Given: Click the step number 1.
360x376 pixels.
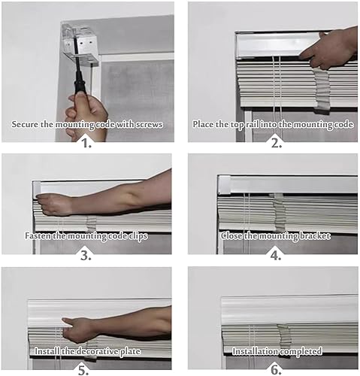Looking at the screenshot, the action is tap(87, 144).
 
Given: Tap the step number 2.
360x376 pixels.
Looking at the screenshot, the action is tap(277, 144).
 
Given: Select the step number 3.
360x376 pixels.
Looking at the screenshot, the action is tap(86, 256).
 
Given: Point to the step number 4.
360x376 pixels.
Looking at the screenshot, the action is tap(276, 256).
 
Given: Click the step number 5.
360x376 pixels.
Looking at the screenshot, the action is tap(83, 371).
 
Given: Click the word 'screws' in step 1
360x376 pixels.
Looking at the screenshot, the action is tap(149, 124).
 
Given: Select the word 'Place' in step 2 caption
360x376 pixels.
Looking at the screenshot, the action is tap(202, 124).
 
